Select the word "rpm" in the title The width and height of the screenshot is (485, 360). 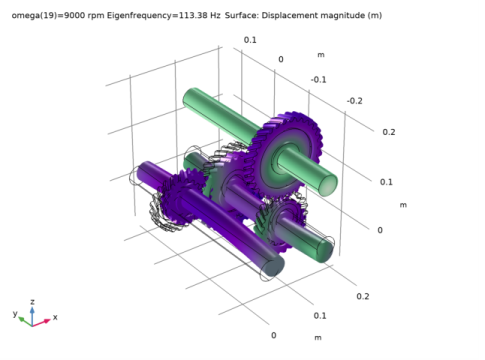pyautogui.click(x=96, y=16)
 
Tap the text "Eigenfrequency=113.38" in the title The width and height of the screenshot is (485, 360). pyautogui.click(x=157, y=16)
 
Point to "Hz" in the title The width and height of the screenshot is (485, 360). pyautogui.click(x=215, y=15)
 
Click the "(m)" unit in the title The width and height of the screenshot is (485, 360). pyautogui.click(x=375, y=16)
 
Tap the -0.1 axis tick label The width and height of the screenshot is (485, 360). pyautogui.click(x=318, y=80)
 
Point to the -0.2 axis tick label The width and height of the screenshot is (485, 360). pyautogui.click(x=354, y=101)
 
